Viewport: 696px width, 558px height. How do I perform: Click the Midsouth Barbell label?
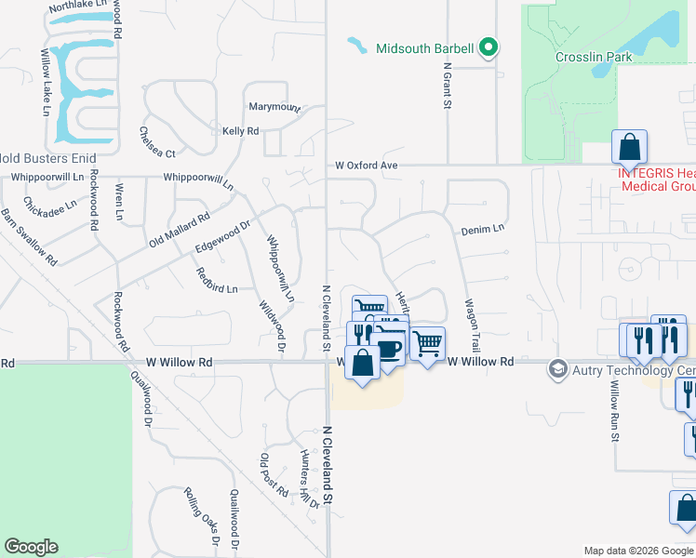[x=425, y=48]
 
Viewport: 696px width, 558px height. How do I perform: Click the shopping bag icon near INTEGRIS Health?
[x=630, y=147]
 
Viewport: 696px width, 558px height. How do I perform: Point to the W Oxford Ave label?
[x=367, y=166]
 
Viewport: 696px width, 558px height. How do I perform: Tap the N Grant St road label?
[x=448, y=86]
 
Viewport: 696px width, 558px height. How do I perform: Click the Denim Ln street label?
[x=482, y=228]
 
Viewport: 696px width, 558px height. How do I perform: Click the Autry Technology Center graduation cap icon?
[x=557, y=369]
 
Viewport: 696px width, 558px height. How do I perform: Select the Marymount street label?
[x=274, y=107]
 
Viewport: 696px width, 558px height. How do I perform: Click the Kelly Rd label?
[x=240, y=131]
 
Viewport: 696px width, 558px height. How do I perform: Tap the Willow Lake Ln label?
[x=45, y=84]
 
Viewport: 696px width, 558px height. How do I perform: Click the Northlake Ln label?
[x=79, y=7]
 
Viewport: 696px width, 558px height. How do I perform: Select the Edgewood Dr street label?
[x=223, y=236]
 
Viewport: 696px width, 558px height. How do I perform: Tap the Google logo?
[x=32, y=547]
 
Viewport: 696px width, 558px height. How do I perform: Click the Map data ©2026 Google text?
[x=637, y=551]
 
